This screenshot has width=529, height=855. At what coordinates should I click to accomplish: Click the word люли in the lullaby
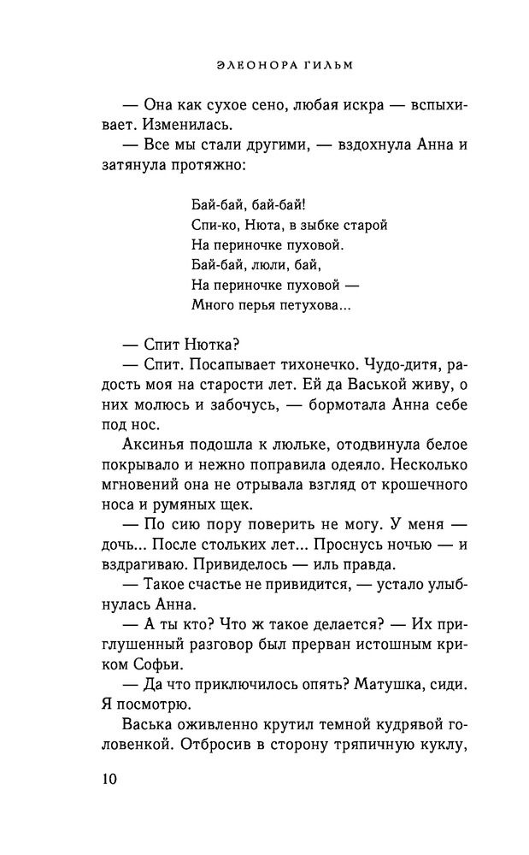(263, 265)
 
